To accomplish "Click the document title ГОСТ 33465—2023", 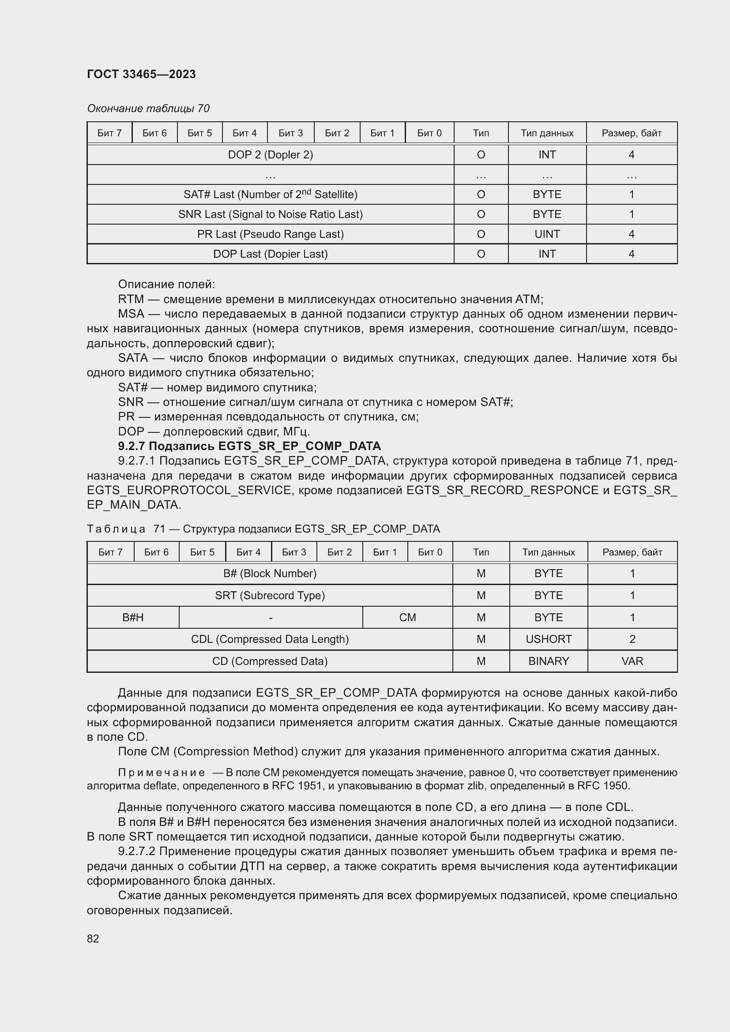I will (x=141, y=74).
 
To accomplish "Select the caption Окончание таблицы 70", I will (x=148, y=109).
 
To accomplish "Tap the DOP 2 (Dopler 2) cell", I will (x=270, y=154).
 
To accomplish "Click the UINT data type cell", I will (x=546, y=234).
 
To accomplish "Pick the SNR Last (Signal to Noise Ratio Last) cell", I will (x=270, y=214).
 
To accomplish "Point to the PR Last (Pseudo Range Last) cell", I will (x=270, y=234).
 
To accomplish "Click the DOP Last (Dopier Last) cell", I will (x=270, y=254).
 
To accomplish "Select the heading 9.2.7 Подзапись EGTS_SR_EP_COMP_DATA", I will (x=249, y=446).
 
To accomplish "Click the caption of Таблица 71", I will (x=263, y=529).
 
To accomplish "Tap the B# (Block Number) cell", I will (x=270, y=574).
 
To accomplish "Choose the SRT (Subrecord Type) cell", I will (x=270, y=596).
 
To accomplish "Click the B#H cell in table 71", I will (x=133, y=618).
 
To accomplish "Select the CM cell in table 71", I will (x=407, y=618).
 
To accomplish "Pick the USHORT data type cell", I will (x=549, y=639).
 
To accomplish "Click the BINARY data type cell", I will (x=549, y=661).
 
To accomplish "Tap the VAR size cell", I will (x=632, y=661).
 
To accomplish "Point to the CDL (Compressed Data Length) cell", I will (x=270, y=639).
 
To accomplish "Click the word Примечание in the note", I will (x=162, y=773).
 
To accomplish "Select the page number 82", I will (x=93, y=938).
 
